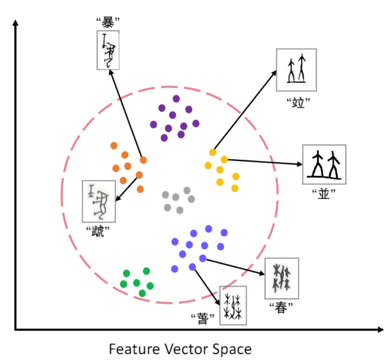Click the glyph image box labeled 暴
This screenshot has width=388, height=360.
coord(107,49)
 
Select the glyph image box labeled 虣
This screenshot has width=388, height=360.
coord(99,201)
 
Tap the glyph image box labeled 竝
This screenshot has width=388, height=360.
coord(296,69)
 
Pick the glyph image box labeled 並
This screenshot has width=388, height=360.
coord(324,164)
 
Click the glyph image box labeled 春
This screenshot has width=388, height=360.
coord(281,278)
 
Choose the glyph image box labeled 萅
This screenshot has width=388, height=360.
coord(233,306)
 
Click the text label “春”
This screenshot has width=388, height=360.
coord(280,308)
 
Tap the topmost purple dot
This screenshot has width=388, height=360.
coord(176,98)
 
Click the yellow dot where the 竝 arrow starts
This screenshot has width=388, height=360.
coord(213,152)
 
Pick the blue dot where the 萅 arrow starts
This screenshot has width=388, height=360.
coord(192,267)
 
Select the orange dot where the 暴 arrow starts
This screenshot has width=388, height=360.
coord(143,160)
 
